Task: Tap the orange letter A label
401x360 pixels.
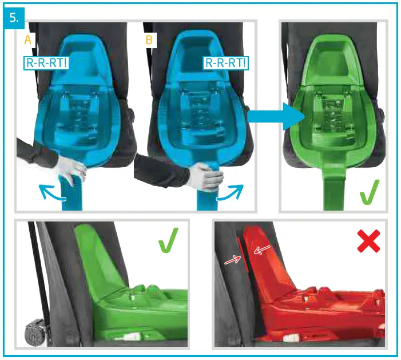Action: coord(27,40)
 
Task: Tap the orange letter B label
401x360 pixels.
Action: coord(149,40)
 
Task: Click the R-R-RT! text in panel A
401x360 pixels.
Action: coord(46,62)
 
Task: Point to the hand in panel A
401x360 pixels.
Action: coord(71,171)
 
